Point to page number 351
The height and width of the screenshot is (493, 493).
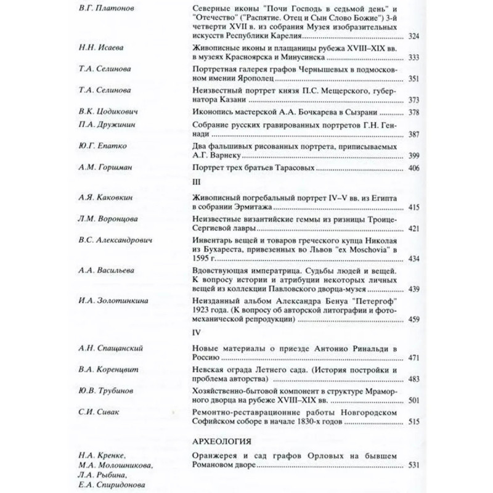[x=414, y=78]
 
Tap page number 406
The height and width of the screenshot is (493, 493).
[x=414, y=168]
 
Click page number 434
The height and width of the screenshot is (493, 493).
[x=414, y=258]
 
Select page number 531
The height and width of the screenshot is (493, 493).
[x=414, y=465]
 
